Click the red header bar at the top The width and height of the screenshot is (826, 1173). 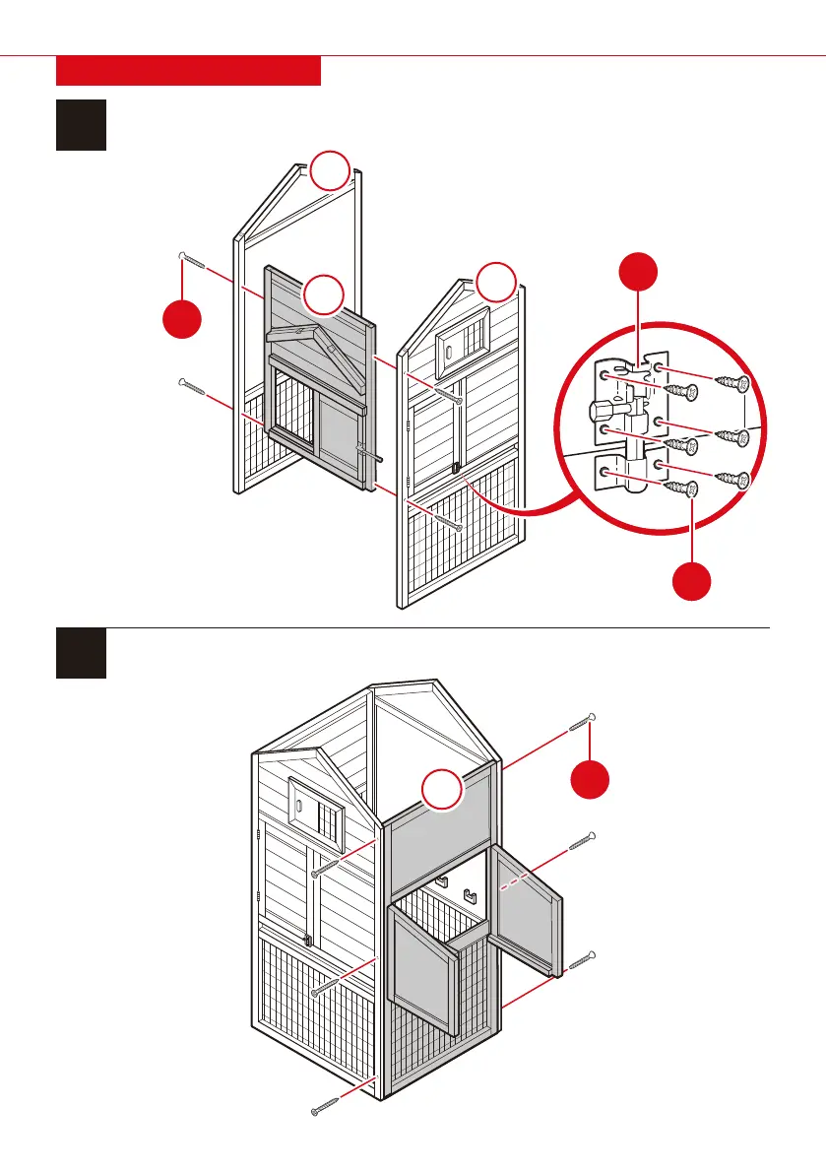click(x=188, y=71)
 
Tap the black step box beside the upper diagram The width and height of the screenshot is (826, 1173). click(x=82, y=124)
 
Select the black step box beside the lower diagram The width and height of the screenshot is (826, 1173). click(x=82, y=652)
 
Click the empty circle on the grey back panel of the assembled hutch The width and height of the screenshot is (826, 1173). click(x=442, y=792)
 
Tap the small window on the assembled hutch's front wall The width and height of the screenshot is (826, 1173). click(x=317, y=805)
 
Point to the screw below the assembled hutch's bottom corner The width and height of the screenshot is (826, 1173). click(x=324, y=1106)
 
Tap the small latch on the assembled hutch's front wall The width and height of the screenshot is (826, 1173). click(x=309, y=940)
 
